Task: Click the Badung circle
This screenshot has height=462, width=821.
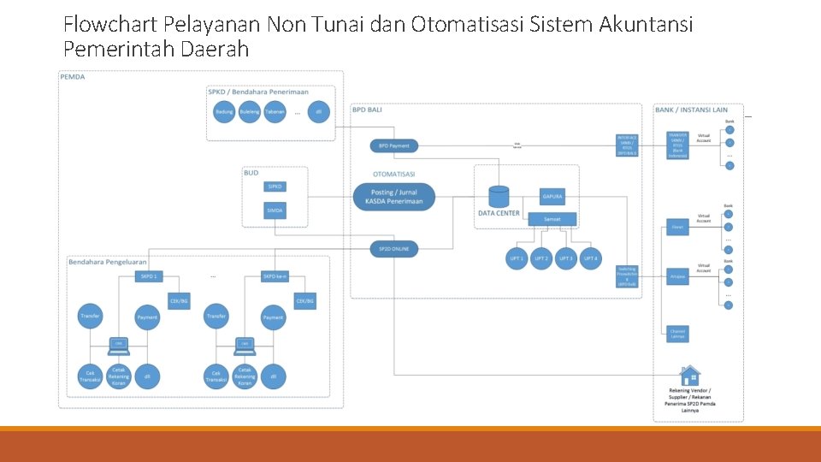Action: [x=224, y=112]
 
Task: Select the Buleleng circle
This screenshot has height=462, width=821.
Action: [x=250, y=112]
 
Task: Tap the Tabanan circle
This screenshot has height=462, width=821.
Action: [x=275, y=112]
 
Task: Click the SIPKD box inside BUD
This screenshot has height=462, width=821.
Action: [x=275, y=186]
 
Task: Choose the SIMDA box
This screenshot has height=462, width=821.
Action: [x=275, y=210]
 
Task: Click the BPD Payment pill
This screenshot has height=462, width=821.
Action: [x=394, y=146]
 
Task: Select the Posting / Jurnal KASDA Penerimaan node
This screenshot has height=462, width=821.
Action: [x=394, y=197]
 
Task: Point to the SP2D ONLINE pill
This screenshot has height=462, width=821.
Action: [x=394, y=249]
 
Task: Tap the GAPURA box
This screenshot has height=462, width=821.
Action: [x=552, y=197]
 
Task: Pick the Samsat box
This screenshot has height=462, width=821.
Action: [x=552, y=219]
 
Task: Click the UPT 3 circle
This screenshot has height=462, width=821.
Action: [x=565, y=258]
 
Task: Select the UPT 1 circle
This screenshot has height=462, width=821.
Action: [x=517, y=258]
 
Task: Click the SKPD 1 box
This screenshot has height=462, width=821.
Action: [x=149, y=276]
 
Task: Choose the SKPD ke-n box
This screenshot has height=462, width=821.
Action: [x=275, y=276]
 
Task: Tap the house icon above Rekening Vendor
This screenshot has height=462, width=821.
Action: [x=689, y=375]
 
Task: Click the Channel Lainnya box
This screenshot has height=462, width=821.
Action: [x=677, y=333]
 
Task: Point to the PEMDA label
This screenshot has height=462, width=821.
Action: [x=73, y=77]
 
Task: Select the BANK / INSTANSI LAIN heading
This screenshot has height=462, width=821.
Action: [x=691, y=110]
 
